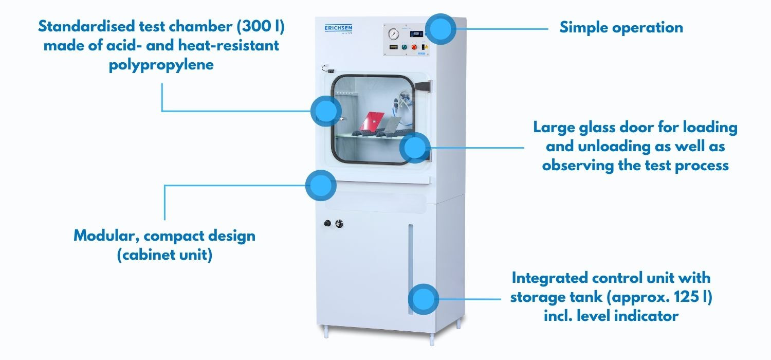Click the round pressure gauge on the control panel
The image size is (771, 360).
(394, 34)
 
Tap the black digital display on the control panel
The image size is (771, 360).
(417, 34)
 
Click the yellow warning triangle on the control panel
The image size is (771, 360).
(426, 47)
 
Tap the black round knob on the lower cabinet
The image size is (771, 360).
(327, 224)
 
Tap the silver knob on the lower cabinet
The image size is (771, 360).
(338, 224)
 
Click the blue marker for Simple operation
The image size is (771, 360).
(440, 29)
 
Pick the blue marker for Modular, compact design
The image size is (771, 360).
(321, 185)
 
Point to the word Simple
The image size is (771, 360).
(582, 27)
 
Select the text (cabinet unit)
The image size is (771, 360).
(164, 255)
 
